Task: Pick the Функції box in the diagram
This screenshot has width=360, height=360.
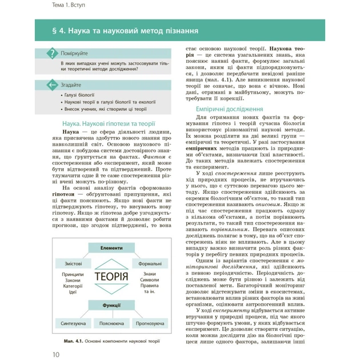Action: coord(111,305)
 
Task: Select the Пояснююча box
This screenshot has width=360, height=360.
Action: coord(111,322)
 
